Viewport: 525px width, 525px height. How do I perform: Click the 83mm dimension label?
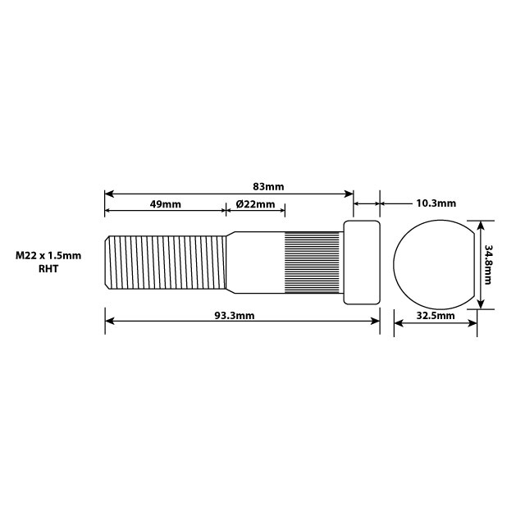tap(269, 187)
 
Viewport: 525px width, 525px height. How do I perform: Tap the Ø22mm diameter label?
tap(255, 203)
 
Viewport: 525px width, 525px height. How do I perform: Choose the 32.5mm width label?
tap(436, 315)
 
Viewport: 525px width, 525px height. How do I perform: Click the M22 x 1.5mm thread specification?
tap(48, 255)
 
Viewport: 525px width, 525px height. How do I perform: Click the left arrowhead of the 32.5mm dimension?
tap(399, 322)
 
